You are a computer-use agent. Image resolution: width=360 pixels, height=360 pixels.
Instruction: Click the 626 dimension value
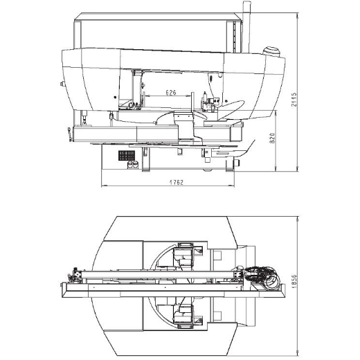coord(171,93)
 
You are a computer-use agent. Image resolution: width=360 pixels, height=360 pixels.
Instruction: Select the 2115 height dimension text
coord(294,100)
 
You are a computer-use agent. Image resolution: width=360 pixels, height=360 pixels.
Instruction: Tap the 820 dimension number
coord(273,138)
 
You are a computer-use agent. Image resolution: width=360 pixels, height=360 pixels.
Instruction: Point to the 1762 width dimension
coord(177,183)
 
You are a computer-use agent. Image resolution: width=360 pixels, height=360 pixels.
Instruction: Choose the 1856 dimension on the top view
coord(294,281)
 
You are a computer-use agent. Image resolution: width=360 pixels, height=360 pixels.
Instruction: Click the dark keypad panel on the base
coord(127,155)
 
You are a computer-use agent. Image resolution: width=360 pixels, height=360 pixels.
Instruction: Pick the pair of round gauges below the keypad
coord(133,165)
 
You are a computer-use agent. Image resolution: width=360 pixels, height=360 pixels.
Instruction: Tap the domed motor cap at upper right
coord(271,51)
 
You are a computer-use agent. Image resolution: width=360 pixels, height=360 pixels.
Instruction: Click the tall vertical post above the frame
coord(246,27)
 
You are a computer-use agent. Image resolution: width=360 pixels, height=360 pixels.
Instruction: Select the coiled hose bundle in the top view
coord(263,278)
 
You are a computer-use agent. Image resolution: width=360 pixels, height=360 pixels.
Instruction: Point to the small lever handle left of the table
coord(69,134)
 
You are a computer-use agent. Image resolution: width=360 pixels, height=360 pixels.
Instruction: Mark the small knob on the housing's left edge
coord(62,84)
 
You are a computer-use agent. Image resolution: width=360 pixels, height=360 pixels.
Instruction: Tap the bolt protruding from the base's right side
coord(237,163)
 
